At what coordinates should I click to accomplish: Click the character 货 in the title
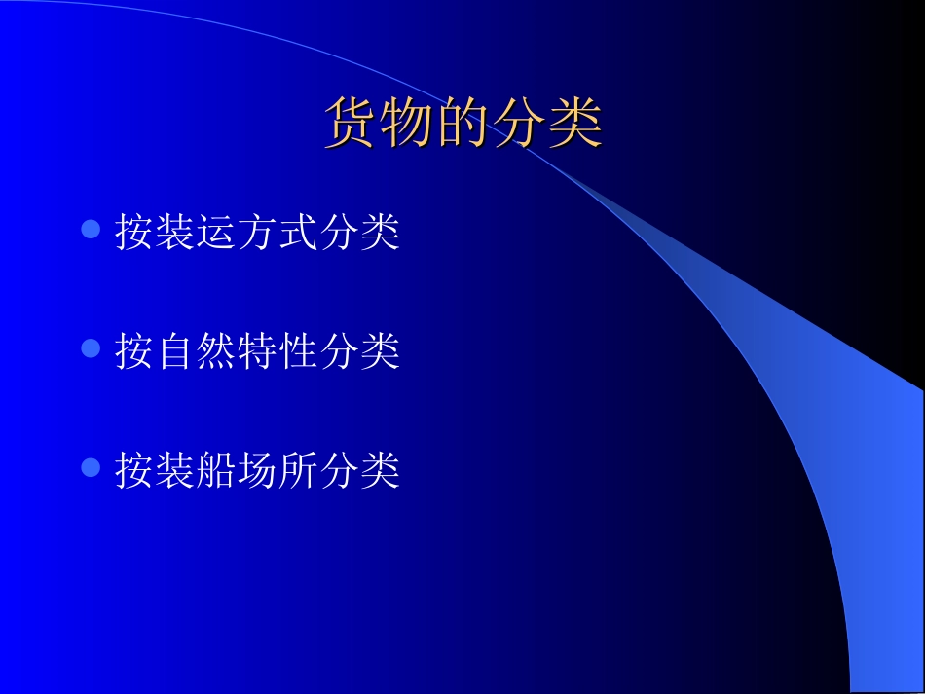click(x=351, y=124)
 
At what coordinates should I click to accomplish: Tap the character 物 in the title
click(x=407, y=124)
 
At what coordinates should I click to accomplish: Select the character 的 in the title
click(x=462, y=124)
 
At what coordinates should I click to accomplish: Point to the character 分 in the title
click(x=519, y=124)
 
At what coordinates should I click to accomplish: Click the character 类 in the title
click(x=574, y=124)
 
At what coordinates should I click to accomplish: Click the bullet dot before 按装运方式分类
click(x=91, y=230)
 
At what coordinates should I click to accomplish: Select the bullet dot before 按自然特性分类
click(x=91, y=348)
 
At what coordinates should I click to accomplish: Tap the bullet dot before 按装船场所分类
click(x=91, y=468)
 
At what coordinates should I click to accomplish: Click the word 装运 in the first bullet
click(x=196, y=233)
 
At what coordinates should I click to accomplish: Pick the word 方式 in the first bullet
click(x=277, y=233)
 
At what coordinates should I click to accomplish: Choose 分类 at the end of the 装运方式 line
click(x=359, y=233)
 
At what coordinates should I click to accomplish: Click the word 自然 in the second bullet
click(x=196, y=351)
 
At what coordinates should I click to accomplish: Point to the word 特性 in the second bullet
click(x=277, y=351)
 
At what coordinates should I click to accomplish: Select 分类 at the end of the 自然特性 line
click(x=359, y=351)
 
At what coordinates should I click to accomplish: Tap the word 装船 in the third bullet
click(x=196, y=471)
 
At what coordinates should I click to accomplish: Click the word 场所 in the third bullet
click(x=277, y=471)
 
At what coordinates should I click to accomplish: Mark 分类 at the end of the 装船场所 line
click(x=359, y=471)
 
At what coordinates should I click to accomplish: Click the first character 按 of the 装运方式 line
click(x=134, y=233)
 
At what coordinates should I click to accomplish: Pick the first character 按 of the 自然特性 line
click(x=134, y=351)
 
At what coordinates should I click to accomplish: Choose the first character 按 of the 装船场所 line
click(x=134, y=471)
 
